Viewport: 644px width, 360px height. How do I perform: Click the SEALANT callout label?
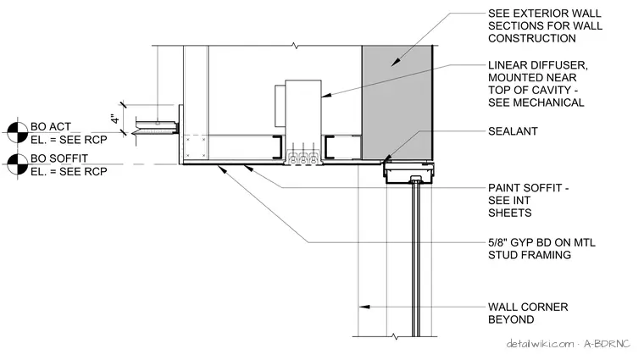pos(513,131)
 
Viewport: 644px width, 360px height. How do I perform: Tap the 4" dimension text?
pos(115,119)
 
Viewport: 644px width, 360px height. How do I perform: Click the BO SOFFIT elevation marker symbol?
pos(17,164)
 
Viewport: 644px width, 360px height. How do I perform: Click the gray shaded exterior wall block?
pos(397,102)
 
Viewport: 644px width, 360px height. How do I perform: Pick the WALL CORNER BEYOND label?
pos(528,313)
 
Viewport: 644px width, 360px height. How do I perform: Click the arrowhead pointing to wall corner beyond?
pos(364,307)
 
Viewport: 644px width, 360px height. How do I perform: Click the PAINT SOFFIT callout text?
pos(528,200)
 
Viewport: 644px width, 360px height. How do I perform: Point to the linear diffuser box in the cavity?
pos(303,119)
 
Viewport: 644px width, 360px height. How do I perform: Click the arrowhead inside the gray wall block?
pos(395,62)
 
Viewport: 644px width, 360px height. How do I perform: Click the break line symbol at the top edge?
pos(295,46)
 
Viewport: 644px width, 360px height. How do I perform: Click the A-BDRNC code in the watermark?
pos(607,344)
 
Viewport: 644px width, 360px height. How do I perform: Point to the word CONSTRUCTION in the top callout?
pos(532,39)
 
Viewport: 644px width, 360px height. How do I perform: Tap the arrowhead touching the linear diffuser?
pos(326,96)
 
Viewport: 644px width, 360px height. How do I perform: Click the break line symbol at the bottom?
pos(395,336)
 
